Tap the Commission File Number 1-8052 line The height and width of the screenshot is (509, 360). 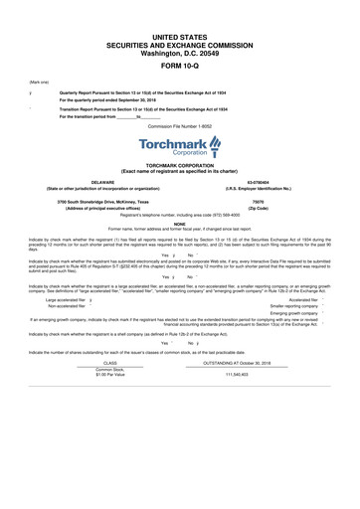(x=179, y=127)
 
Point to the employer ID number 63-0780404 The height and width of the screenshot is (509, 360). (x=269, y=182)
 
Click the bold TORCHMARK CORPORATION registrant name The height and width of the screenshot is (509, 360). (x=179, y=166)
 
